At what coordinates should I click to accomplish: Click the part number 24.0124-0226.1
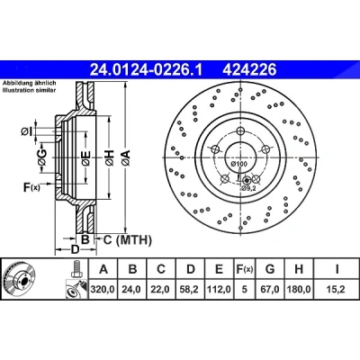pyautogui.click(x=147, y=70)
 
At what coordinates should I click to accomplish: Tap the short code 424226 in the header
pyautogui.click(x=249, y=70)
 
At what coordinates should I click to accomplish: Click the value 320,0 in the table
pyautogui.click(x=103, y=289)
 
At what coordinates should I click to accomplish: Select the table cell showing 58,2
pyautogui.click(x=191, y=289)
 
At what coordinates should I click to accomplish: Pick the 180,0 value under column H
pyautogui.click(x=299, y=289)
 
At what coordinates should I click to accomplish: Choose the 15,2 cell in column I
pyautogui.click(x=337, y=289)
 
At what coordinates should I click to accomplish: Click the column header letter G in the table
pyautogui.click(x=270, y=269)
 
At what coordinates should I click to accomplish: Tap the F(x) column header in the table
pyautogui.click(x=245, y=269)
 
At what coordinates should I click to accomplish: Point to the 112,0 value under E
pyautogui.click(x=219, y=289)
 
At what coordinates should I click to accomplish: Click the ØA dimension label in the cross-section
pyautogui.click(x=126, y=158)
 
